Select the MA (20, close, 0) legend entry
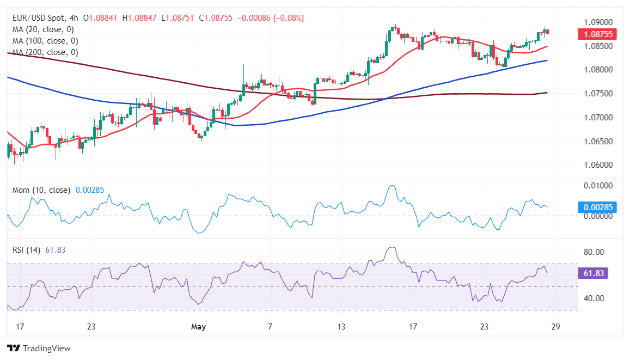pyautogui.click(x=43, y=29)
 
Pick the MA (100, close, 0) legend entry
pyautogui.click(x=45, y=41)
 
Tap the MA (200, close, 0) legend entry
pyautogui.click(x=45, y=52)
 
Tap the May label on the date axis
pyautogui.click(x=199, y=327)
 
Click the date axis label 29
pyautogui.click(x=555, y=327)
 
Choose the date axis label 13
pyautogui.click(x=341, y=327)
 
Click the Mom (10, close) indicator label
pyautogui.click(x=41, y=190)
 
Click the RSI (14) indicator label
pyautogui.click(x=28, y=250)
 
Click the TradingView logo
pyautogui.click(x=39, y=348)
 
